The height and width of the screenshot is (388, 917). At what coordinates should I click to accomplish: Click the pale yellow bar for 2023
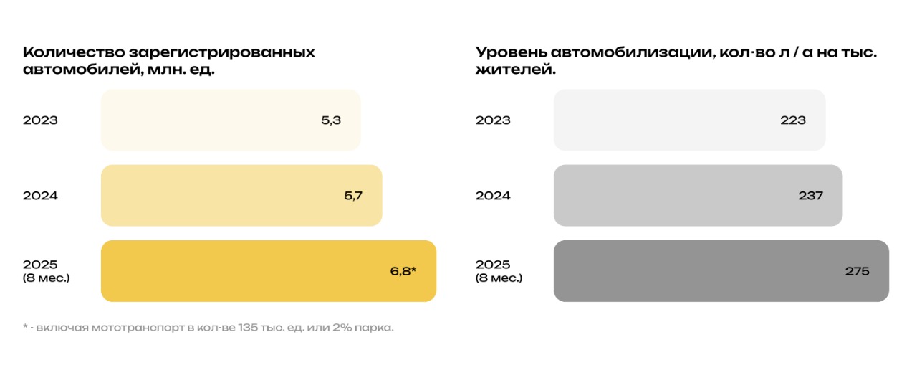pos(215,120)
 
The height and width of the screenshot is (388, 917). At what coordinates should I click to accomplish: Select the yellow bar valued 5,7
pos(229,195)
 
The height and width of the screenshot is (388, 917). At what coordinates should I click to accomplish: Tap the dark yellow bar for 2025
pos(251,271)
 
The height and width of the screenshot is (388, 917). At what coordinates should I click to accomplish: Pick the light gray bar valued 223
pos(666,120)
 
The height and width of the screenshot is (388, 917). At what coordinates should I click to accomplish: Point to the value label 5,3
pos(331,120)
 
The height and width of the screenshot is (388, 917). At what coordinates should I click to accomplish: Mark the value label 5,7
pos(353,195)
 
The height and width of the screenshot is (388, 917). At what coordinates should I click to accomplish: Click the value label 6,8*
pos(403,271)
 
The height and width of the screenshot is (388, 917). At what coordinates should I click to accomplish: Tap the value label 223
pos(793,120)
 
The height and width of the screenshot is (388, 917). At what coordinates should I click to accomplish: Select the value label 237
pos(811,195)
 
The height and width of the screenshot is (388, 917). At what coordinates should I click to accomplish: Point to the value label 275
pos(857,271)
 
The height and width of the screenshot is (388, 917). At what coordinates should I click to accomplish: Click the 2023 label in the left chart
pos(40,120)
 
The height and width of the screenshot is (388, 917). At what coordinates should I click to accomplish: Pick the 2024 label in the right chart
pos(493,195)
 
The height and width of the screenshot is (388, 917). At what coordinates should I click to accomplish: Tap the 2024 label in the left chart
pos(40,195)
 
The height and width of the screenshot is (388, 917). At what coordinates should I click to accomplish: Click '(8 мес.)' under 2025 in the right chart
pos(499,278)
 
